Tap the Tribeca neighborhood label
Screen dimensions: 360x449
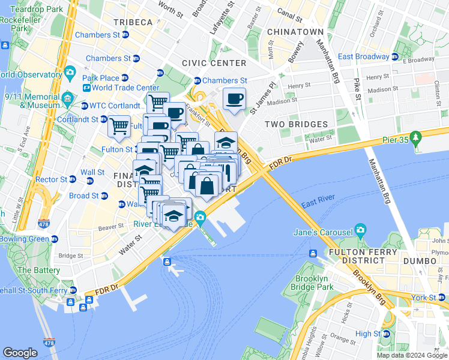133,22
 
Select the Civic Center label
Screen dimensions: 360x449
214,63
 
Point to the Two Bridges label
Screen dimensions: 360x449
297,124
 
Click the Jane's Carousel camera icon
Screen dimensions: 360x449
360,230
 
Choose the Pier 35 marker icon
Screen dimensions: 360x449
417,140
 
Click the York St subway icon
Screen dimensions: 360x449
444,298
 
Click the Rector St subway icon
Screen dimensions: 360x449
73,179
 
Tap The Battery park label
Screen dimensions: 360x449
39,270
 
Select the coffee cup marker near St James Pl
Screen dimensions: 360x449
234,98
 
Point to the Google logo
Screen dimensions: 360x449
20,353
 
